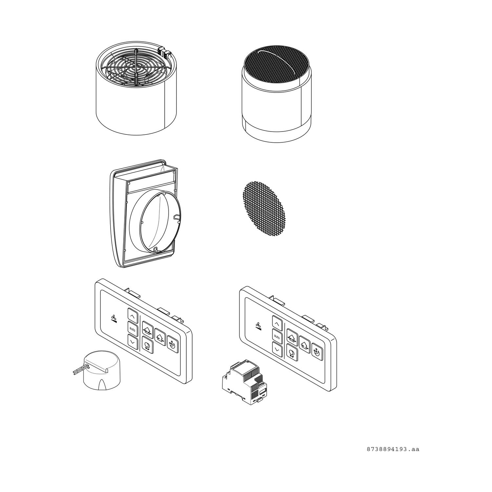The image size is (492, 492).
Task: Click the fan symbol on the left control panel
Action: tap(113, 318)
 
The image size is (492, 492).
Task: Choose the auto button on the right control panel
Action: tap(277, 336)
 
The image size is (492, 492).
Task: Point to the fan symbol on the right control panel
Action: tap(258, 326)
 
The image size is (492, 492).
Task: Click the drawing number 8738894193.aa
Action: tap(393, 449)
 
